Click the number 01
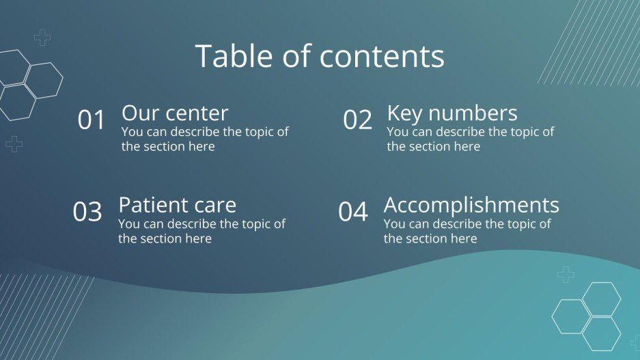(x=92, y=120)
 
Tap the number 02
(x=357, y=120)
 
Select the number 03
(x=87, y=212)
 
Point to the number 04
(x=353, y=212)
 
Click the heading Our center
(x=175, y=113)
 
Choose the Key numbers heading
(x=451, y=113)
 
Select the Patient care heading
(x=177, y=205)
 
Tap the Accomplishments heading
(x=471, y=205)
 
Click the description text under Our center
(x=205, y=139)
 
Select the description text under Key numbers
(x=470, y=139)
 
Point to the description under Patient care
(x=201, y=231)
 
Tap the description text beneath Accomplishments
(x=467, y=231)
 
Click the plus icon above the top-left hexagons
(x=42, y=38)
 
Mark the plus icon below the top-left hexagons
(x=14, y=143)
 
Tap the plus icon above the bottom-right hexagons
(x=566, y=275)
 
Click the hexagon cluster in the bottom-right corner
(x=587, y=316)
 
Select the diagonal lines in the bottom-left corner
(x=34, y=314)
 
